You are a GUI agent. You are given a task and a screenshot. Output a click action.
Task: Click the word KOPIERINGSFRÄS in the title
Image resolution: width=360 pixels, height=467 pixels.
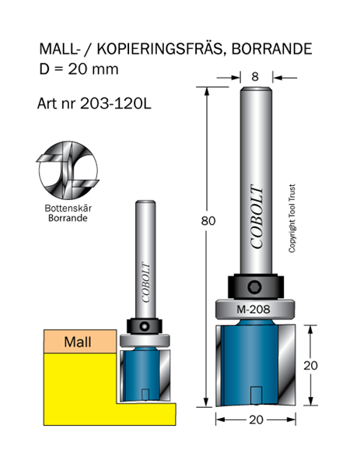pos(159,49)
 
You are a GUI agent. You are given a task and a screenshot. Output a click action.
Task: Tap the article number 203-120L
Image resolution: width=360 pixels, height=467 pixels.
pos(116,104)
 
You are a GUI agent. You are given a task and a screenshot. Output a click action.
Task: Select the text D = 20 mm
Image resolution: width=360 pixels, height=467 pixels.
pos(79,69)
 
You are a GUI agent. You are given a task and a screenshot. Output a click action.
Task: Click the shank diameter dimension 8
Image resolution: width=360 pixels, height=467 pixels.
pos(255,77)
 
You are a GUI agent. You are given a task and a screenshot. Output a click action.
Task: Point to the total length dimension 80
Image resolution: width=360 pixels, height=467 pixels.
pos(208,221)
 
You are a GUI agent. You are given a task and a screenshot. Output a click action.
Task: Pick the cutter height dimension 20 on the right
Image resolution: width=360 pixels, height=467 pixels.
pos(310,366)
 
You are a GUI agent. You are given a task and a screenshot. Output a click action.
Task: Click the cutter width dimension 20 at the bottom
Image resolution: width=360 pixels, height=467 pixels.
pos(256,420)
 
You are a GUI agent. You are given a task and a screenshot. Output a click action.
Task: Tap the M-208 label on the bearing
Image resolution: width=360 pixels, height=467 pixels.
pos(253,309)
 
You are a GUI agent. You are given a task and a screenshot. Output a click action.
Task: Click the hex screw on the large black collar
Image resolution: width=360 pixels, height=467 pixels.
pos(255,288)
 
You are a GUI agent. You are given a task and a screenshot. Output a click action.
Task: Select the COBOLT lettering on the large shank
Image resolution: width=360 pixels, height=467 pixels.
pos(257,217)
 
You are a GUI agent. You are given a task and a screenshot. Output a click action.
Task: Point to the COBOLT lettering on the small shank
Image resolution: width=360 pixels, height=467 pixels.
pos(145,283)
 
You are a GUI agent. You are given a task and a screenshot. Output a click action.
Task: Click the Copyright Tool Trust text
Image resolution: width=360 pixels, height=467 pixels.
pos(292,218)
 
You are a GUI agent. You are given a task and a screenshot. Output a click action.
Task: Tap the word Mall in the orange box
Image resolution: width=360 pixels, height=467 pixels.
pos(78,342)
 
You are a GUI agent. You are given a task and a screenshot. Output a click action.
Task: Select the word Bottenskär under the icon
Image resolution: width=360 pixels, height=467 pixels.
pos(68,208)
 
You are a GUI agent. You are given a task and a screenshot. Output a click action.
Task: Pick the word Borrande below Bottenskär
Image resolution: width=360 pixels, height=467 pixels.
pos(68,218)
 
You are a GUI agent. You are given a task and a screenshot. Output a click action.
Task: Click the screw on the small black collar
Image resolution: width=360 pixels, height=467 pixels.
pos(145,326)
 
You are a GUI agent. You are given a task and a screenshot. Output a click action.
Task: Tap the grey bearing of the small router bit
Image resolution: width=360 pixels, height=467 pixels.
pos(145,340)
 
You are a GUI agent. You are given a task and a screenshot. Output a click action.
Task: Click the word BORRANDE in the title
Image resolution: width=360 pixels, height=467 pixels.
pos(271,49)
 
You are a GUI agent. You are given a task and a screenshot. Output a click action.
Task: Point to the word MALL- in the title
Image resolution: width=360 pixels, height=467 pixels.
pos(59,49)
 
